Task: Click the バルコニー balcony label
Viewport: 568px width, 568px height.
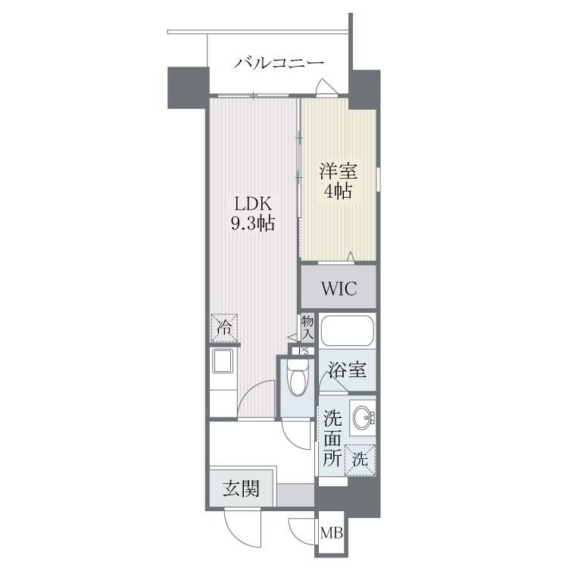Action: (279, 63)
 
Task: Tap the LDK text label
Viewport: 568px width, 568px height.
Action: (253, 204)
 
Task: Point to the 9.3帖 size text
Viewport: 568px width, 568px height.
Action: (253, 223)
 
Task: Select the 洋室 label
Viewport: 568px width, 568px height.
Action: (338, 171)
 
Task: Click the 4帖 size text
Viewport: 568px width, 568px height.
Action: (338, 191)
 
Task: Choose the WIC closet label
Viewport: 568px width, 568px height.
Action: (339, 289)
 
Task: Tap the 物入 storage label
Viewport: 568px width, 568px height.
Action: (307, 327)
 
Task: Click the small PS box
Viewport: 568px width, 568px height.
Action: (304, 351)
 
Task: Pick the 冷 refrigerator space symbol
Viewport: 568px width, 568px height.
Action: (224, 328)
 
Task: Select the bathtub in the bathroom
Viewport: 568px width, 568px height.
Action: (347, 330)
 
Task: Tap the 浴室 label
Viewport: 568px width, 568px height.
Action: (347, 370)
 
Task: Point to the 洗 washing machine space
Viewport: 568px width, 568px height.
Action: (360, 460)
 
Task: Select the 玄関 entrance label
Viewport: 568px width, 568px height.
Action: (242, 488)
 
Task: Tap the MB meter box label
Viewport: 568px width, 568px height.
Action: (332, 533)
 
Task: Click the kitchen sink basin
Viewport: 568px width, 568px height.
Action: (223, 361)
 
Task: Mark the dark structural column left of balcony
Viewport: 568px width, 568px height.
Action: (189, 88)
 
